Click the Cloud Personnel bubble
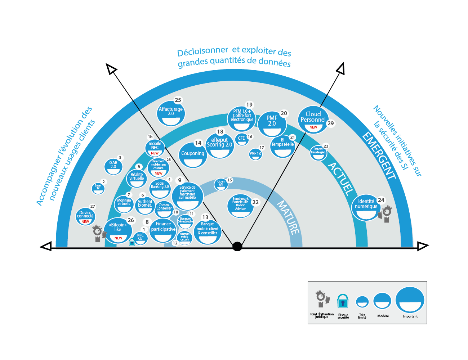click(x=313, y=120)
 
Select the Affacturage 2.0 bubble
click(x=171, y=113)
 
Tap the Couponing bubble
click(x=193, y=155)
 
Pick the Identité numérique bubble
click(x=366, y=207)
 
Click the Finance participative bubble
click(x=163, y=231)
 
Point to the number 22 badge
click(x=255, y=202)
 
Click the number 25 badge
click(x=178, y=100)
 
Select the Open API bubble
click(x=221, y=184)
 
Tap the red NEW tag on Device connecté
click(x=85, y=222)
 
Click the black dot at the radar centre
click(x=237, y=246)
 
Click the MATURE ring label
click(x=288, y=218)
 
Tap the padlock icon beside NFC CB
click(x=132, y=242)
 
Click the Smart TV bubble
click(x=98, y=188)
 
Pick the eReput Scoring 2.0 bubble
click(x=219, y=145)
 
